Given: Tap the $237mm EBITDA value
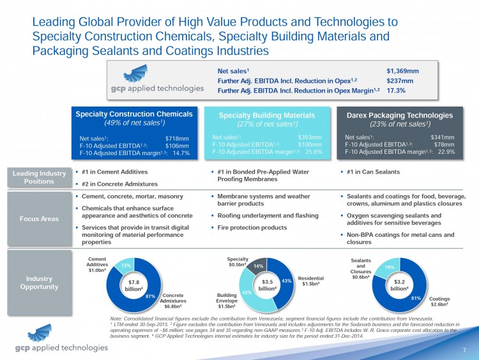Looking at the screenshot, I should point(400,81).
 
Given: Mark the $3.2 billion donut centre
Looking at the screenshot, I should point(400,284).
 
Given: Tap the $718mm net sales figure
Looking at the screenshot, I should point(178,137).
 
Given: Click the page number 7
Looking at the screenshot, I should point(467,350).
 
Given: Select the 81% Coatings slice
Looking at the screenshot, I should point(416,297).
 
